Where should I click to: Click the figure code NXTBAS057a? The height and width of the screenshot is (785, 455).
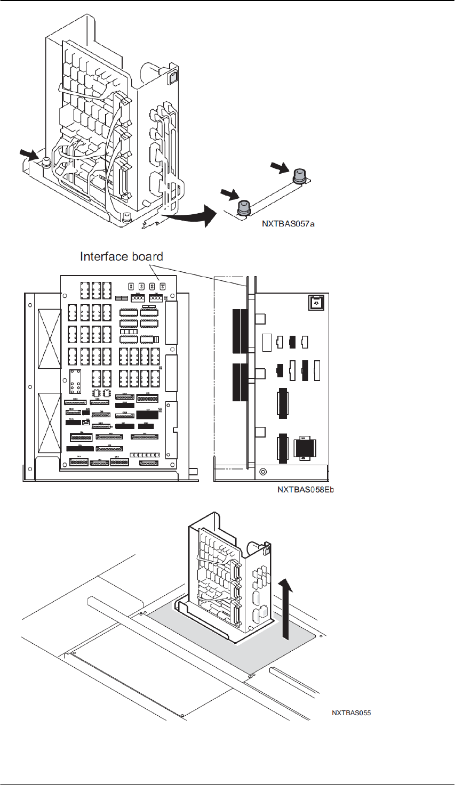pyautogui.click(x=288, y=224)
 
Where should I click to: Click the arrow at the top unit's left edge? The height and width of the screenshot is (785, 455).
pyautogui.click(x=30, y=155)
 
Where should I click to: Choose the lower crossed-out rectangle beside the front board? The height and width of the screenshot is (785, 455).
pyautogui.click(x=50, y=423)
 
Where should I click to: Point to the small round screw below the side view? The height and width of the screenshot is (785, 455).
pyautogui.click(x=263, y=472)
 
